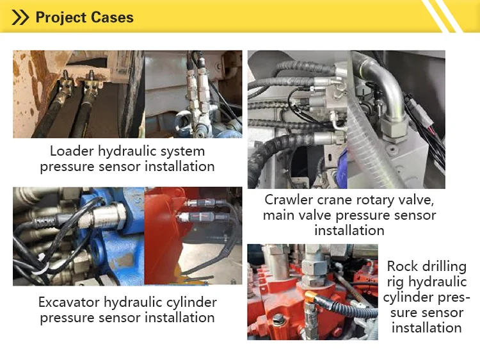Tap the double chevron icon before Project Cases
click(x=21, y=17)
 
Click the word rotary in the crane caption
click(x=371, y=200)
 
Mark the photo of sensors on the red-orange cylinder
click(x=193, y=236)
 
